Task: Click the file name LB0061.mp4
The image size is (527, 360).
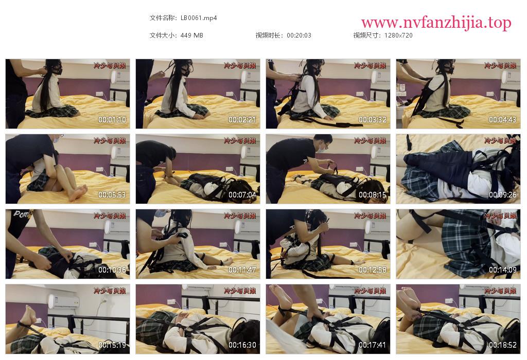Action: (x=199, y=18)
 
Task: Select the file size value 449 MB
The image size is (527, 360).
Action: (x=191, y=35)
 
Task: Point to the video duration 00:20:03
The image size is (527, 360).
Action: (x=299, y=35)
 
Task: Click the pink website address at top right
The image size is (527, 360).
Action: (x=436, y=23)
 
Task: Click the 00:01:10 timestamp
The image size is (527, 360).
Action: (x=112, y=119)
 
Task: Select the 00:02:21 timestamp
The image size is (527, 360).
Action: (x=242, y=119)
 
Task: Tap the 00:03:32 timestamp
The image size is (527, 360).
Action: (x=373, y=119)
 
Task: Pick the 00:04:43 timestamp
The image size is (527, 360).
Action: (x=502, y=119)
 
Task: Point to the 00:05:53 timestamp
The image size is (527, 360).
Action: (x=112, y=195)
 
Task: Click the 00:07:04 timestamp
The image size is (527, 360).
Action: (x=242, y=195)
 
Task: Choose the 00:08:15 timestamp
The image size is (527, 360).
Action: (x=373, y=195)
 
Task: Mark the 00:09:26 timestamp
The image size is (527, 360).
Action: (x=502, y=195)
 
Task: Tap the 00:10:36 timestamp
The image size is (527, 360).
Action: (x=112, y=269)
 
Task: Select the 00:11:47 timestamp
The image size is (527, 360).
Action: (x=242, y=269)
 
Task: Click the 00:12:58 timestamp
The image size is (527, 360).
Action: (x=373, y=269)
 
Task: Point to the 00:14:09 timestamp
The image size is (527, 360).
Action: (x=502, y=269)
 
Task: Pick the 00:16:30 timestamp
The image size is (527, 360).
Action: (x=242, y=345)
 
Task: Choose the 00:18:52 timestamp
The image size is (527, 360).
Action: (x=502, y=345)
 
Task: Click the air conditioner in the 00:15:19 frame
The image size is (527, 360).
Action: (x=63, y=301)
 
